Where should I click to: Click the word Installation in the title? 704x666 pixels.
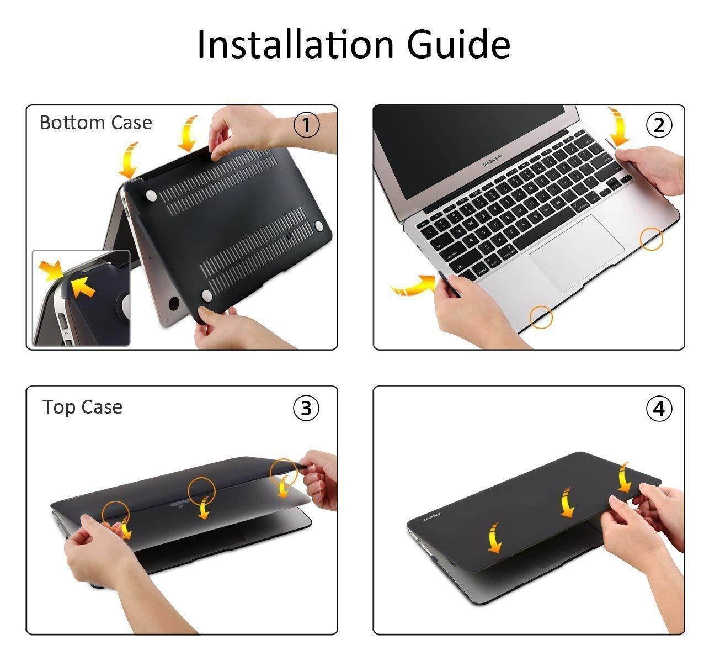[x=295, y=44]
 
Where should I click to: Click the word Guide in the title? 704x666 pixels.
[x=458, y=44]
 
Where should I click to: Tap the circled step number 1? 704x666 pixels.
[x=306, y=125]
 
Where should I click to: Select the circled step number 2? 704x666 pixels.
[x=659, y=125]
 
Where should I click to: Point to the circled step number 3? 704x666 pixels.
[x=306, y=408]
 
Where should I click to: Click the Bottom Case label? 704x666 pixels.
[x=95, y=123]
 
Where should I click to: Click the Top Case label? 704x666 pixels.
[x=82, y=407]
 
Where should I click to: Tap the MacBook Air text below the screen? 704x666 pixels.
[x=492, y=160]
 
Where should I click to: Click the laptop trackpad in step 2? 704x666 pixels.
[x=577, y=253]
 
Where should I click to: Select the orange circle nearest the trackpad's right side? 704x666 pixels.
[x=652, y=239]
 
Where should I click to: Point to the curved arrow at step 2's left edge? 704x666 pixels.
[x=413, y=284]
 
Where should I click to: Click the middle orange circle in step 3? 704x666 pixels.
[x=201, y=491]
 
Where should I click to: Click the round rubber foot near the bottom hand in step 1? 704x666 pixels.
[x=206, y=295]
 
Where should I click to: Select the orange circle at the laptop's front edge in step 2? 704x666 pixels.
[x=541, y=317]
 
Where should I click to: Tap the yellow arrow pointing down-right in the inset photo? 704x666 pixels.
[x=50, y=270]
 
